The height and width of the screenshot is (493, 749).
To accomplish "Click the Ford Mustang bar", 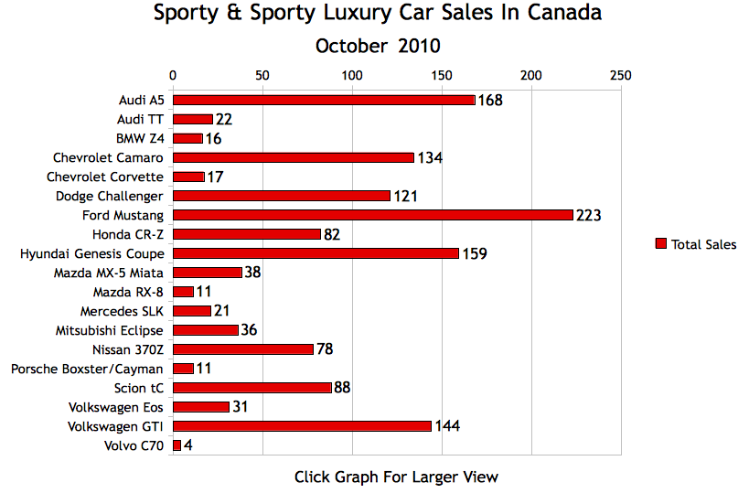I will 372,215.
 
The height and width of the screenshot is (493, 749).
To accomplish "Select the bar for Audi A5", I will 324,100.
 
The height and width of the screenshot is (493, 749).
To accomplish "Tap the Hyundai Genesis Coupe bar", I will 316,253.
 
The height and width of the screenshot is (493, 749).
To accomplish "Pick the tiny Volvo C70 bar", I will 177,445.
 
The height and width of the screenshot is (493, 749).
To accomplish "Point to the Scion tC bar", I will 251,388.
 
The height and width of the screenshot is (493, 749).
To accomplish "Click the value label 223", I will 589,216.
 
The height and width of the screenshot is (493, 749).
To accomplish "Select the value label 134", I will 430,158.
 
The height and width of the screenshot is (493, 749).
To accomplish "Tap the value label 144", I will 447,426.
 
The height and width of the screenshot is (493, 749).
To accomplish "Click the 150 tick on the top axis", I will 442,75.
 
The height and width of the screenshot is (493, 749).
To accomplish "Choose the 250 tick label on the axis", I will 621,75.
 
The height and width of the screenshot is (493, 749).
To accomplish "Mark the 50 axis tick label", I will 262,75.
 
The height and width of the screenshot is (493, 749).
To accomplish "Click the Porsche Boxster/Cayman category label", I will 87,369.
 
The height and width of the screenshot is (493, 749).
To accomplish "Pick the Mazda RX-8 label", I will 128,292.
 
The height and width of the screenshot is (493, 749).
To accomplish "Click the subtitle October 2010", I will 378,46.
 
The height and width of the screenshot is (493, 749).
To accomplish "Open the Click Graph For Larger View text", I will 396,477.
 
